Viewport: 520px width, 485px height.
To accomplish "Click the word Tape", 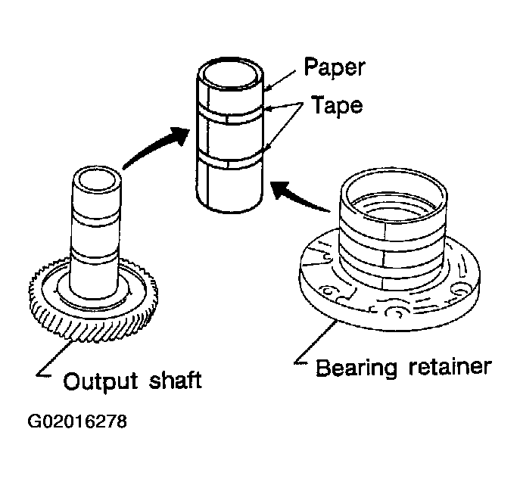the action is pos(337,105).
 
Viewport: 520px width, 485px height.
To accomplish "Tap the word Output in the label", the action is pos(100,381).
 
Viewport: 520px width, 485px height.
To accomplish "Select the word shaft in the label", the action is pos(175,380).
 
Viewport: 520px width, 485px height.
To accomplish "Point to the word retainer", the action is pos(450,366).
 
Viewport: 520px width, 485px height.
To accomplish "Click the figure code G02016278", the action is pos(77,421).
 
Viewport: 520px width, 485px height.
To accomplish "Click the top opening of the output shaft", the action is pos(96,182).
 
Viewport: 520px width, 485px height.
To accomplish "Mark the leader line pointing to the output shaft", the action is pos(54,358).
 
